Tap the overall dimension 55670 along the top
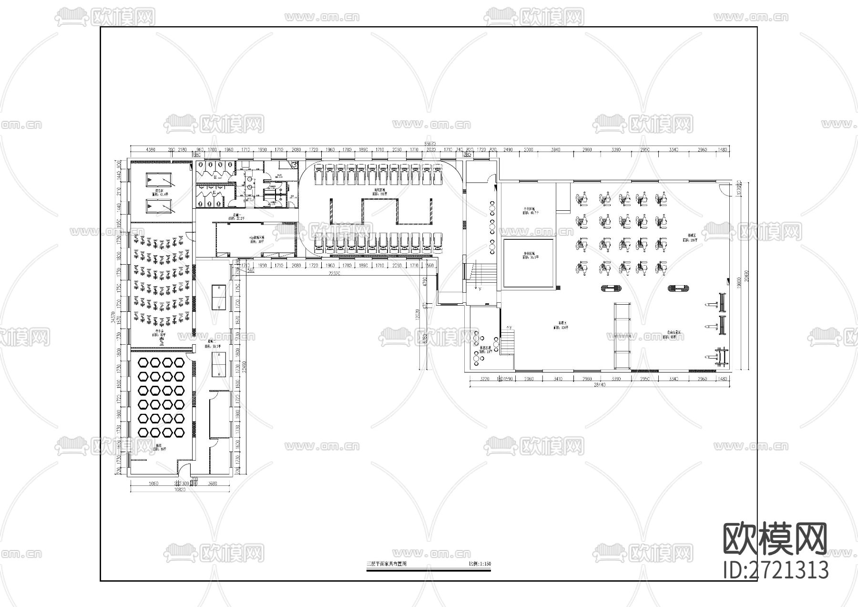(x=431, y=144)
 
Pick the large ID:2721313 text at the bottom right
(x=776, y=570)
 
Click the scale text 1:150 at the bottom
(x=480, y=564)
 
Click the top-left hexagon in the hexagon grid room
(x=143, y=363)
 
